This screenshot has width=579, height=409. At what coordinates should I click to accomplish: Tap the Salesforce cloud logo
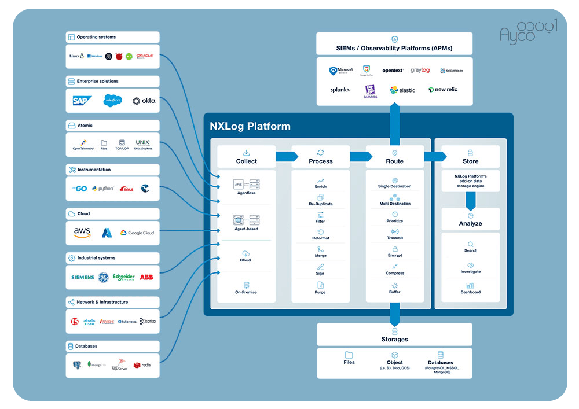[113, 101]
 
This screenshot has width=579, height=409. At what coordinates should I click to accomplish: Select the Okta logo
[144, 101]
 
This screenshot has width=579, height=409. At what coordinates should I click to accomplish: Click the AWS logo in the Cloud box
[82, 233]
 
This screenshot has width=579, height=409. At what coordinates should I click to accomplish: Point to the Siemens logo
[82, 277]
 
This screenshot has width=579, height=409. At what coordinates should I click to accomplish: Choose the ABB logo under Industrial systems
[146, 277]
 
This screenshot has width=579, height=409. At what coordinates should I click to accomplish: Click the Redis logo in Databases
[142, 365]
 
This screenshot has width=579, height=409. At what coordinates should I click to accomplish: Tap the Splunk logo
[340, 90]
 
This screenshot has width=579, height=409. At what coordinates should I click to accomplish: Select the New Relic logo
[443, 90]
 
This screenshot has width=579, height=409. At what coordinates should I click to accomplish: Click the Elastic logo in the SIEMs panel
[402, 90]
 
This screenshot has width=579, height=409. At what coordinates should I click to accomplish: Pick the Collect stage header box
[246, 157]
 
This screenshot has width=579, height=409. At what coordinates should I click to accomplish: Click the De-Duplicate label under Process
[320, 204]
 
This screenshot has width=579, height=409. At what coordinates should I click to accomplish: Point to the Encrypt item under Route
[395, 255]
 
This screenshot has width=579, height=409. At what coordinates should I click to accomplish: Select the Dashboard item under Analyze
[470, 292]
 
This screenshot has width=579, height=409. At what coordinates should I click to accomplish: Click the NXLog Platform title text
[250, 126]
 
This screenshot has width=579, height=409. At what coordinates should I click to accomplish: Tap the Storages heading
[394, 339]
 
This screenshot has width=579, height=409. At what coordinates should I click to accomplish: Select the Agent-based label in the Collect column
[246, 229]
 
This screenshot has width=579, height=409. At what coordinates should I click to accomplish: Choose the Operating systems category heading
[96, 37]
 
